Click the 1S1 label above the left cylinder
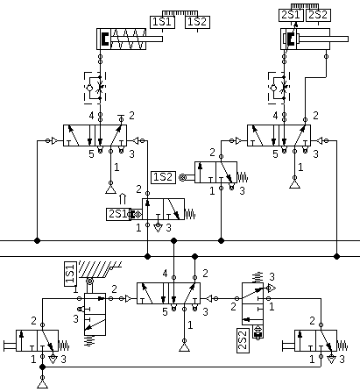pos(163,22)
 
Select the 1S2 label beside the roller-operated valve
pos(164,177)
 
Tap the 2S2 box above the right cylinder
pos(318,15)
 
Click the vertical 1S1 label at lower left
pos(70,274)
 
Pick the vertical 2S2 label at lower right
pos(243,340)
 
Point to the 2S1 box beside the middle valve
pos(117,214)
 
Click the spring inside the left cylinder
pos(128,39)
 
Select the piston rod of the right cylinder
pos(322,39)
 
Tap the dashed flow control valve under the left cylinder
pos(95,88)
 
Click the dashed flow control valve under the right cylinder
pos(279,88)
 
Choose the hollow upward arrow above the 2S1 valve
pos(123,198)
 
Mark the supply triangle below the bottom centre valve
pos(184,347)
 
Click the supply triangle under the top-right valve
pos(294,184)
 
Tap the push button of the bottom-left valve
pos(10,346)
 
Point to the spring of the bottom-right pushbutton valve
pos(342,346)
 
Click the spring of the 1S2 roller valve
pos(243,177)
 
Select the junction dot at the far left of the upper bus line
pos(37,240)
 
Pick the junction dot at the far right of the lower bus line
pos(337,256)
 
